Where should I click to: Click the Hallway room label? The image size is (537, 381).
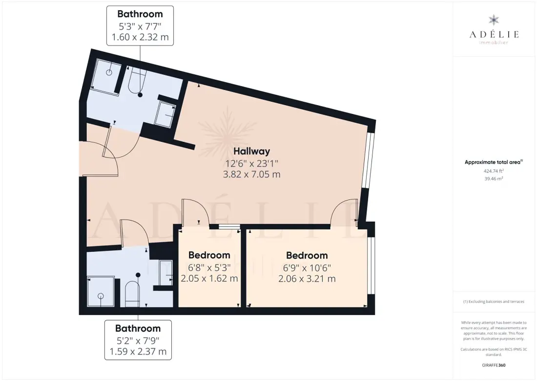click(x=252, y=151)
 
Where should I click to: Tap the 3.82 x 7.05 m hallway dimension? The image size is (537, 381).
click(x=252, y=175)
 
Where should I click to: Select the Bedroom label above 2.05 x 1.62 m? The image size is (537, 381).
click(x=209, y=255)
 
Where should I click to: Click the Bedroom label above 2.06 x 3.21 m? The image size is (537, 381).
click(x=307, y=256)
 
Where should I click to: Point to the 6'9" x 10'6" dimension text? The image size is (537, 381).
click(x=307, y=268)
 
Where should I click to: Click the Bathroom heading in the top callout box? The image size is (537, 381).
click(x=140, y=14)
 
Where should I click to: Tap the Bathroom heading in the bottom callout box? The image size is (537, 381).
click(x=138, y=329)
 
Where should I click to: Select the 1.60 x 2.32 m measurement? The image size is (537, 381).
click(x=140, y=37)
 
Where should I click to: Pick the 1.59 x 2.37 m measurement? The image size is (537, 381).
click(x=138, y=352)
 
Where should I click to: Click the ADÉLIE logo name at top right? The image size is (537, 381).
click(x=494, y=34)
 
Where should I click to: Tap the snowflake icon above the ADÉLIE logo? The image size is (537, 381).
click(x=494, y=20)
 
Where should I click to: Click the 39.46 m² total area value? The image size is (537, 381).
click(x=494, y=179)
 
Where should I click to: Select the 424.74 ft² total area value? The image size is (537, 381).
click(x=494, y=171)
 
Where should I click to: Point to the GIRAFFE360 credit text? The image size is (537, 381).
click(x=494, y=365)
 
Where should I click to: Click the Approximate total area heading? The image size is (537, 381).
click(x=494, y=162)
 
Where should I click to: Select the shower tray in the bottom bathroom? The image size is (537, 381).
click(x=101, y=292)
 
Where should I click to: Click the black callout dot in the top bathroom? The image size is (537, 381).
click(x=140, y=95)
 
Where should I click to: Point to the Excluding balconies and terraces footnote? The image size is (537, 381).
click(x=494, y=302)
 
